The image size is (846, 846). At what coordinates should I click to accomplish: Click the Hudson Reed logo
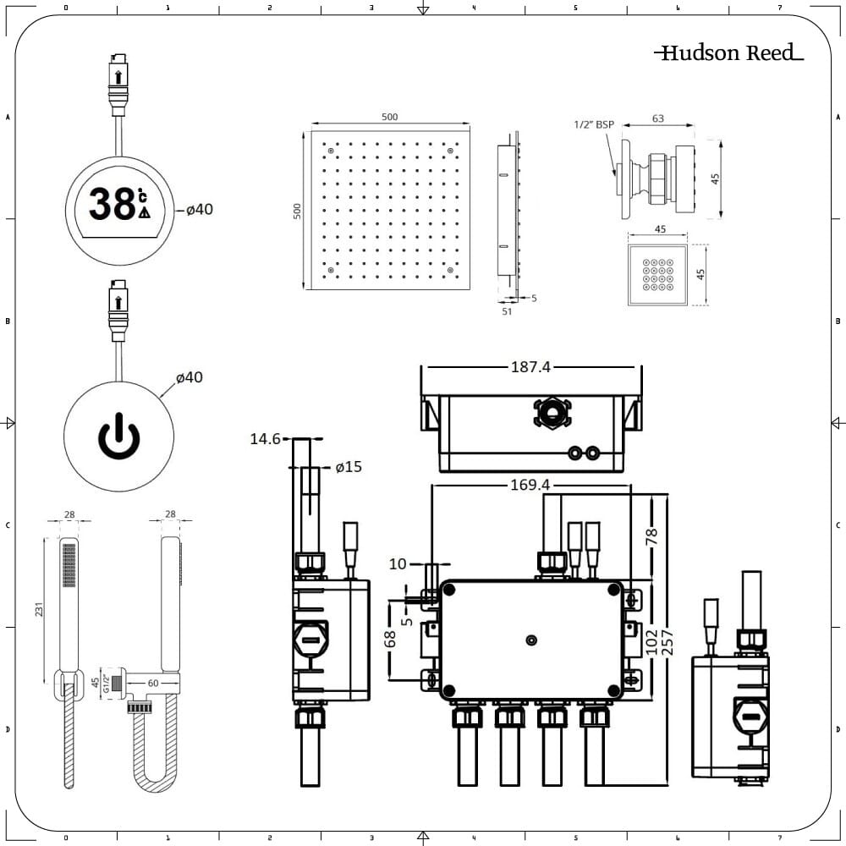[728, 53]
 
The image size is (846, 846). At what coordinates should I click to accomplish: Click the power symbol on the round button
[119, 436]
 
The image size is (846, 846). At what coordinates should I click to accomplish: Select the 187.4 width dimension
[530, 367]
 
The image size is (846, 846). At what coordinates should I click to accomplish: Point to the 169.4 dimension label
[530, 486]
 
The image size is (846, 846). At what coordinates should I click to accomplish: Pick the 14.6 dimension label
[265, 438]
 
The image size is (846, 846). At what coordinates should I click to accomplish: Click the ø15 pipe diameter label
[348, 467]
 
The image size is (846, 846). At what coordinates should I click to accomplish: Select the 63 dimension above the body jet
[658, 118]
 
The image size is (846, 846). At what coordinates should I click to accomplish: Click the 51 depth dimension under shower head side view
[507, 310]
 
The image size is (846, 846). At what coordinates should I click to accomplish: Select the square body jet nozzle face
[656, 276]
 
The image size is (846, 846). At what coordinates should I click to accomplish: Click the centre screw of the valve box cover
[530, 640]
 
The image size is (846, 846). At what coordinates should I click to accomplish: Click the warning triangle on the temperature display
[144, 213]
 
